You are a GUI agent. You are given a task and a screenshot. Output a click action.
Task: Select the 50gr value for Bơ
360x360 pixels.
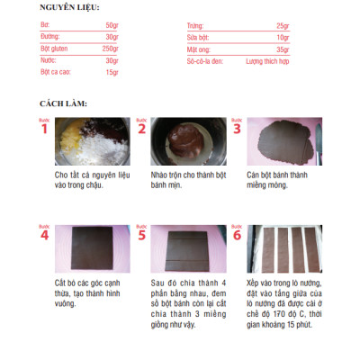tap(110, 25)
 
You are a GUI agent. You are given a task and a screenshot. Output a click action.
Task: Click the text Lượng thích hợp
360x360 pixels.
tap(267, 61)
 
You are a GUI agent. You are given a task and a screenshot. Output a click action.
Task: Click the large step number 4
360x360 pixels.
tap(43, 236)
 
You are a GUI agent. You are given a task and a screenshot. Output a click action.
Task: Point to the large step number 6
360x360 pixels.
tap(237, 236)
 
